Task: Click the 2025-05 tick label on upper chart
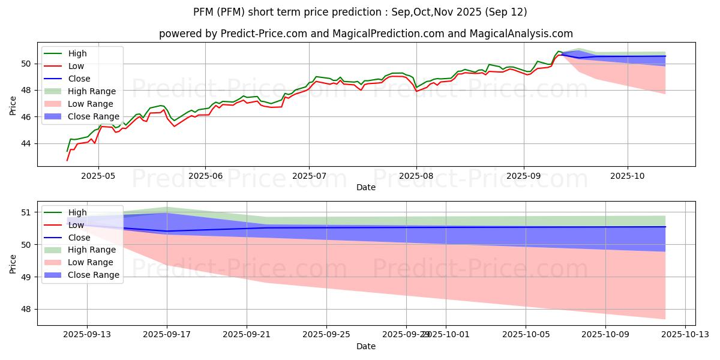pyautogui.click(x=98, y=177)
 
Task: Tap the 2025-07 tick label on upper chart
pyautogui.click(x=309, y=177)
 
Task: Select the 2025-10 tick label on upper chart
pyautogui.click(x=628, y=177)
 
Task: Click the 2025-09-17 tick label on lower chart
pyautogui.click(x=167, y=335)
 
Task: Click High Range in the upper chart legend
pyautogui.click(x=92, y=91)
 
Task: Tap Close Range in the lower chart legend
pyautogui.click(x=94, y=275)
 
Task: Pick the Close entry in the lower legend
pyautogui.click(x=79, y=238)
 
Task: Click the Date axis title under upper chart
pyautogui.click(x=366, y=187)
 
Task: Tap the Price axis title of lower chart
pyautogui.click(x=13, y=263)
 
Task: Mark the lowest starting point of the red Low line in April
pyautogui.click(x=67, y=160)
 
